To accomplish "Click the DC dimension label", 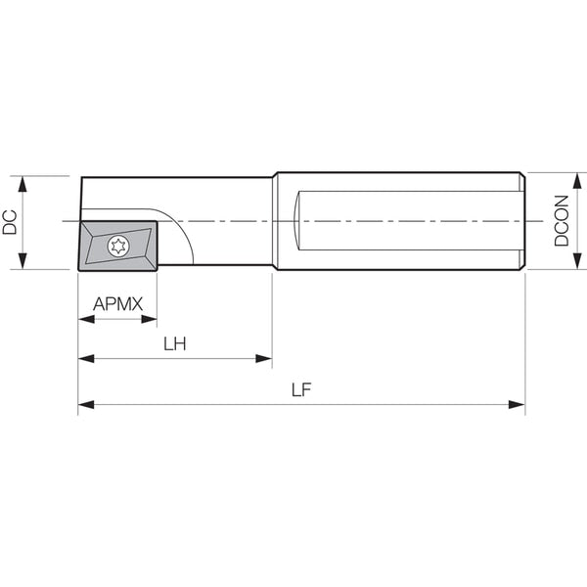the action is [10, 222].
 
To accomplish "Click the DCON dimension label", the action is [562, 221].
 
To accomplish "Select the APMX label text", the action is [118, 304].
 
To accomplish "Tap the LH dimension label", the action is [175, 344].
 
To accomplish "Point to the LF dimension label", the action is [301, 390].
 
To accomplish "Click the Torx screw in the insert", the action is [118, 246].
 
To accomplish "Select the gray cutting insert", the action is [117, 246].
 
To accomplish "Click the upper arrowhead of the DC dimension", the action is [23, 184].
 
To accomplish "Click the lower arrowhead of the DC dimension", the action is [23, 261].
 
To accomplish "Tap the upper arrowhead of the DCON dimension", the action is [577, 181].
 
